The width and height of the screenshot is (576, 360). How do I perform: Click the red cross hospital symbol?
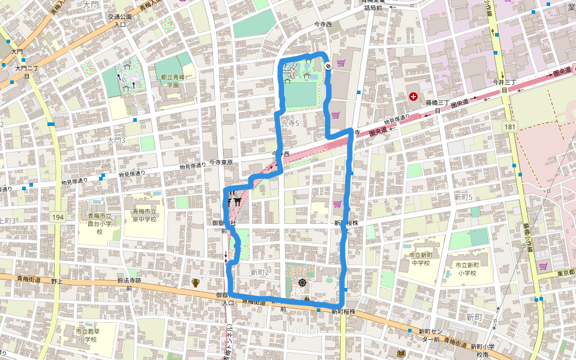[413, 96]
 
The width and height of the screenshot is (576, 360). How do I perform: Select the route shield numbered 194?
[58, 216]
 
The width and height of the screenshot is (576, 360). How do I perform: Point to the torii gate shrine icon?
[238, 202]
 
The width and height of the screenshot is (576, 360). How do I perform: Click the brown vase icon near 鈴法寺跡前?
[195, 283]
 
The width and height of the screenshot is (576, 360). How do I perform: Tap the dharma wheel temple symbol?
[302, 282]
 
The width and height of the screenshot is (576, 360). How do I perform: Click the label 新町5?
[463, 197]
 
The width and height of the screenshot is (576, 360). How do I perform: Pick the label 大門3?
[115, 140]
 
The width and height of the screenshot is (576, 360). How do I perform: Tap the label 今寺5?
[290, 123]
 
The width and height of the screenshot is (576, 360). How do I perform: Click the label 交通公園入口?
[120, 21]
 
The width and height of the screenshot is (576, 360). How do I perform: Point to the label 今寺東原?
[220, 163]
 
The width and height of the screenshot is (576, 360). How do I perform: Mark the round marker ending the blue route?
[328, 66]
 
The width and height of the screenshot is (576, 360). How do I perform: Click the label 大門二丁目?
[26, 72]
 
